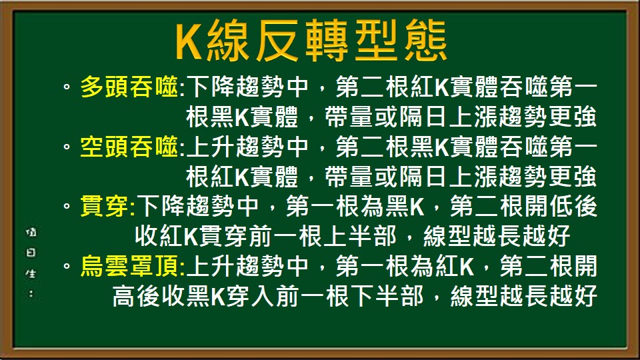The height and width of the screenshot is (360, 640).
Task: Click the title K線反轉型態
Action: pos(311,42)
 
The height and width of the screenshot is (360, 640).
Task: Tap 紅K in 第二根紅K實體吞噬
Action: pos(430,87)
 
